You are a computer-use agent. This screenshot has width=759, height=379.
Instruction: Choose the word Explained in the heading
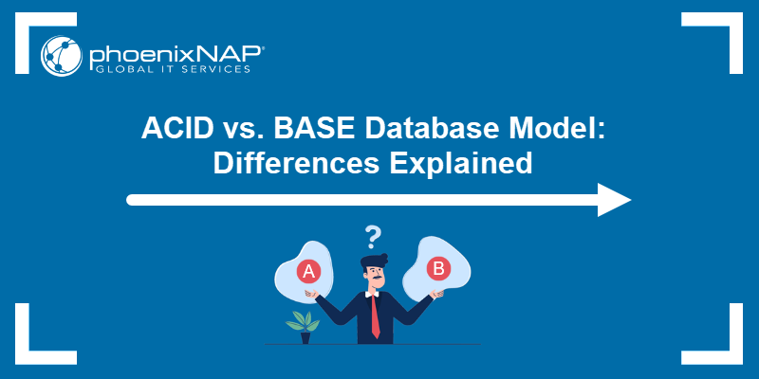pos(469,163)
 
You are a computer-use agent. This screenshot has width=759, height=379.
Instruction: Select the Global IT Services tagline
pos(170,69)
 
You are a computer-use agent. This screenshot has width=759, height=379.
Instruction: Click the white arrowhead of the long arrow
pos(614,200)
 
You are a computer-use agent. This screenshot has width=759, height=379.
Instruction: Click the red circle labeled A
pos(307,272)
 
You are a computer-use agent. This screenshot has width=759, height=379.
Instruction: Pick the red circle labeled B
pos(438,268)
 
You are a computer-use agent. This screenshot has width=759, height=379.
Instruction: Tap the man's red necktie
pos(375,316)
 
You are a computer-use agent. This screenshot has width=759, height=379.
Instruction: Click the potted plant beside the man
pos(304,325)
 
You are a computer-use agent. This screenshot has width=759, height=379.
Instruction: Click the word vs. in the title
pos(247,128)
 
